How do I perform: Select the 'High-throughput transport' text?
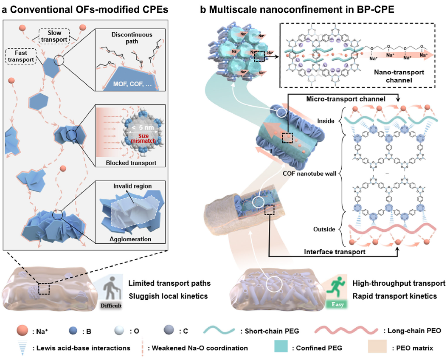point(399,283)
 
